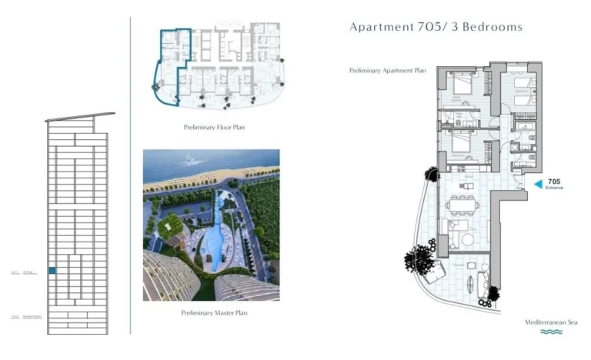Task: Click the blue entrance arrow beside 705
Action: pyautogui.click(x=538, y=183)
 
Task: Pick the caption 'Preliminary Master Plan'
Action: pyautogui.click(x=213, y=313)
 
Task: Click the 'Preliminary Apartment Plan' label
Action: pyautogui.click(x=387, y=70)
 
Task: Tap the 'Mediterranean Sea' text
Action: pyautogui.click(x=550, y=322)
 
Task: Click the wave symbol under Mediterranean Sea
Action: pyautogui.click(x=550, y=332)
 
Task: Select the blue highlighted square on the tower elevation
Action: pyautogui.click(x=52, y=270)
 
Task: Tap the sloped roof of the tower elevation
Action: pyautogui.click(x=79, y=118)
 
